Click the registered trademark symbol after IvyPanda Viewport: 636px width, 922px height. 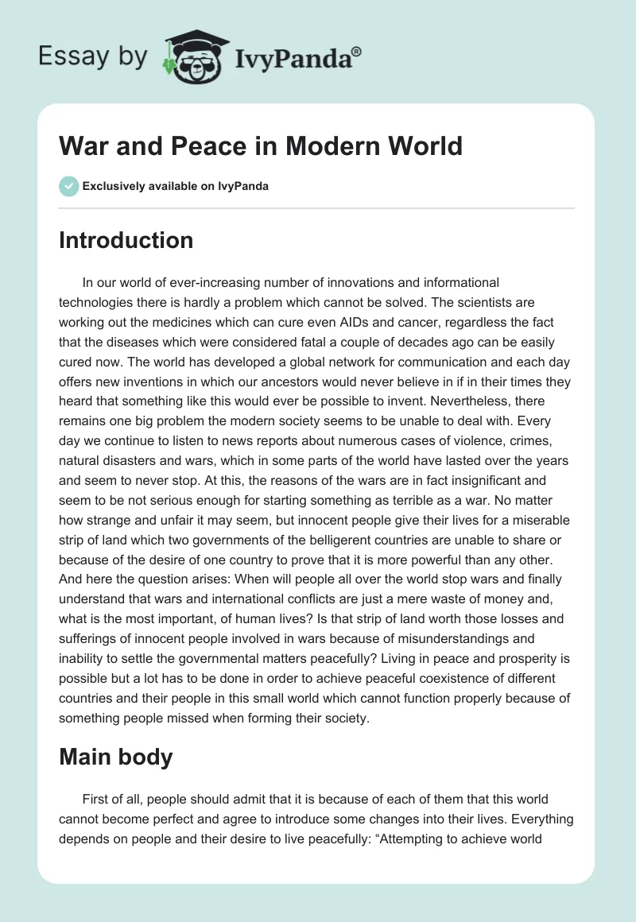click(x=356, y=51)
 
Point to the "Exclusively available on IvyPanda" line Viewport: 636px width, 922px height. click(x=175, y=187)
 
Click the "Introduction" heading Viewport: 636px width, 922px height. click(x=126, y=240)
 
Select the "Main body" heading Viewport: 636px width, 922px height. click(x=115, y=757)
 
